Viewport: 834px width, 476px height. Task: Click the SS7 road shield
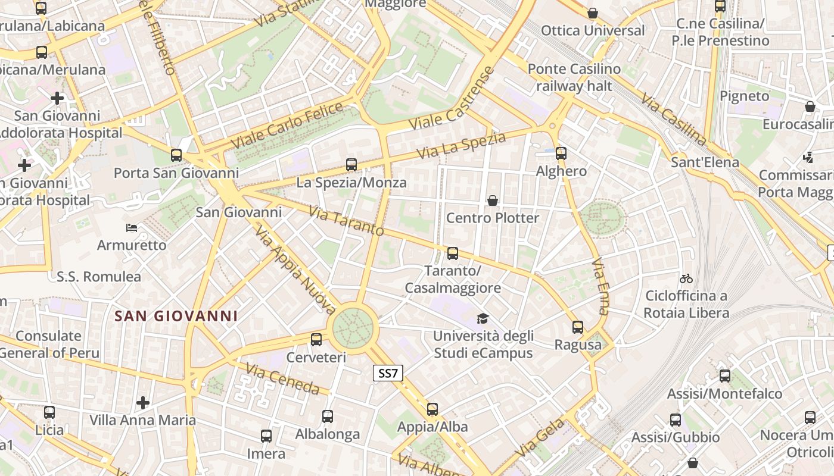(x=388, y=374)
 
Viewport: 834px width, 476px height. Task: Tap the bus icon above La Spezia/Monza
(x=351, y=165)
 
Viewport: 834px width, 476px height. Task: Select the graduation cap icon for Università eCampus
(x=483, y=319)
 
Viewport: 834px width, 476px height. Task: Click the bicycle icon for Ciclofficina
(x=686, y=278)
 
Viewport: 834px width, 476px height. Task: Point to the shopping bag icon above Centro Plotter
(x=493, y=201)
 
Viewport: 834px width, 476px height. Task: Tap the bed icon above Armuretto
(x=132, y=228)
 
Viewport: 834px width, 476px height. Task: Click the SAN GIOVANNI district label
(x=176, y=316)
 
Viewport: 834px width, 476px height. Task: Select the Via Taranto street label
(x=346, y=221)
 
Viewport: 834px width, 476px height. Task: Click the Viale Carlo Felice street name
(x=287, y=126)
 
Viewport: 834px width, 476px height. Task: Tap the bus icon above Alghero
(x=561, y=154)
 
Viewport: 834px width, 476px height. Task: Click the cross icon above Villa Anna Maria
(x=143, y=403)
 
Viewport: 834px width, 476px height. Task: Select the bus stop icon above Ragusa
(x=578, y=327)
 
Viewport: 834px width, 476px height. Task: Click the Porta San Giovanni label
(x=176, y=173)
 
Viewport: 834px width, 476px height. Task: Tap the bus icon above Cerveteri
(x=316, y=340)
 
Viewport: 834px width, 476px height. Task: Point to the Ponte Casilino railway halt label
(x=574, y=77)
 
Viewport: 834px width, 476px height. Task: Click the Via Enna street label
(x=602, y=286)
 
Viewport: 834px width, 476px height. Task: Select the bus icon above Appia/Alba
(x=432, y=409)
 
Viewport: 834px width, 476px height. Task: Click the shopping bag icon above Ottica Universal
(x=593, y=13)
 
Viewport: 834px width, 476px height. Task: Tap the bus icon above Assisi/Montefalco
(x=725, y=376)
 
